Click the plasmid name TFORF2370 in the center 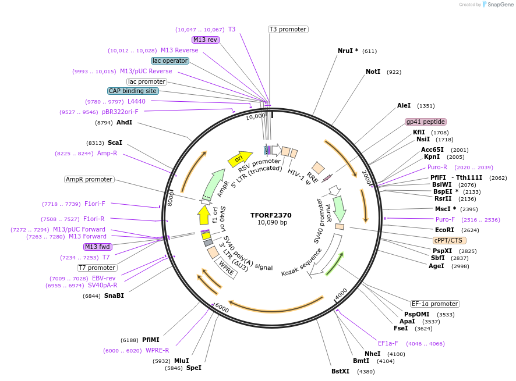[x=271, y=215]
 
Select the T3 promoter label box [x=288, y=29]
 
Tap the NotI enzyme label [x=373, y=72]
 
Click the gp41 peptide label [x=426, y=122]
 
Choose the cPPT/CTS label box [x=450, y=240]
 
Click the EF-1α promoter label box [x=434, y=304]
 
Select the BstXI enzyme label [x=340, y=371]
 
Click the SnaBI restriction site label [x=114, y=295]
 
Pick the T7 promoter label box [x=97, y=268]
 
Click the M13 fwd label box [x=97, y=247]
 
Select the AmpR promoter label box [x=89, y=179]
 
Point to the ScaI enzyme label [x=115, y=143]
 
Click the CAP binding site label [x=132, y=91]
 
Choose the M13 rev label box [x=205, y=40]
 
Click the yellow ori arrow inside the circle [x=239, y=158]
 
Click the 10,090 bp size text [x=272, y=223]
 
